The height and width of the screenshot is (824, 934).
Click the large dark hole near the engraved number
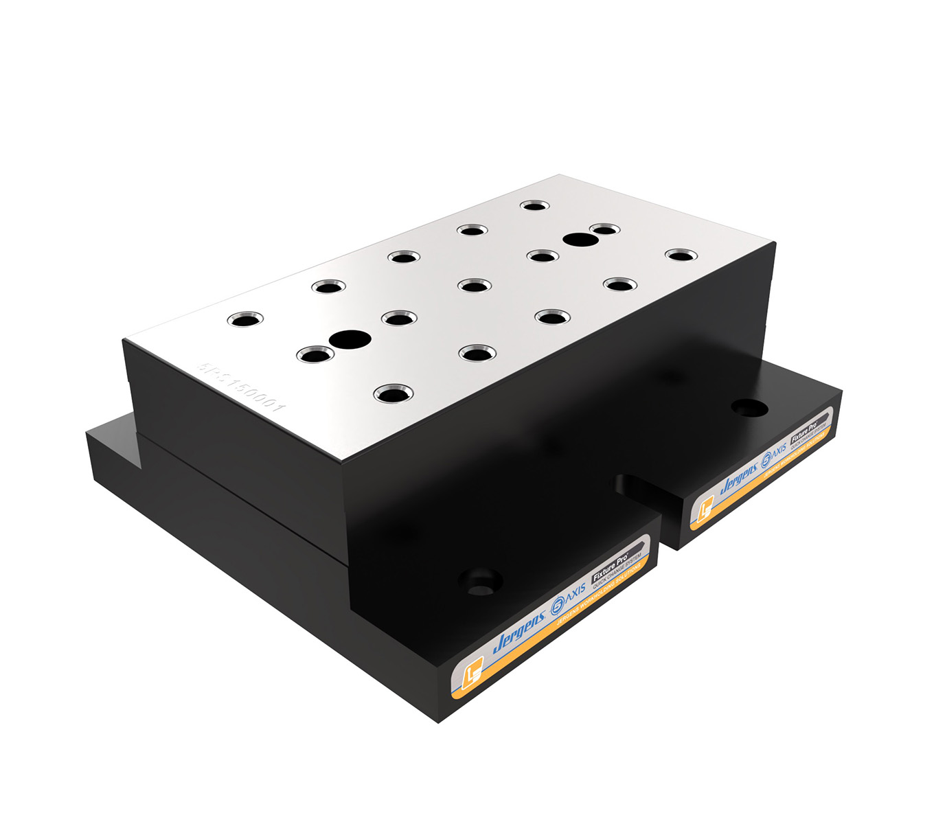[350, 338]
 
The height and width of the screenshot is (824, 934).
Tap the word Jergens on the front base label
[519, 630]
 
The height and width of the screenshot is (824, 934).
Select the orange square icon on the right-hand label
[705, 512]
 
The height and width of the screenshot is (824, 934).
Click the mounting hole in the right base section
[749, 407]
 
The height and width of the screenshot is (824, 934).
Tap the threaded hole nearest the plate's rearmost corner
[534, 205]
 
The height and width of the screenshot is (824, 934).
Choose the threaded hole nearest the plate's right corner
[681, 255]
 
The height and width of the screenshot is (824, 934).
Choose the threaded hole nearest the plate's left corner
[245, 319]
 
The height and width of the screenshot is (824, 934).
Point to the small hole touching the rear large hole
[604, 229]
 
